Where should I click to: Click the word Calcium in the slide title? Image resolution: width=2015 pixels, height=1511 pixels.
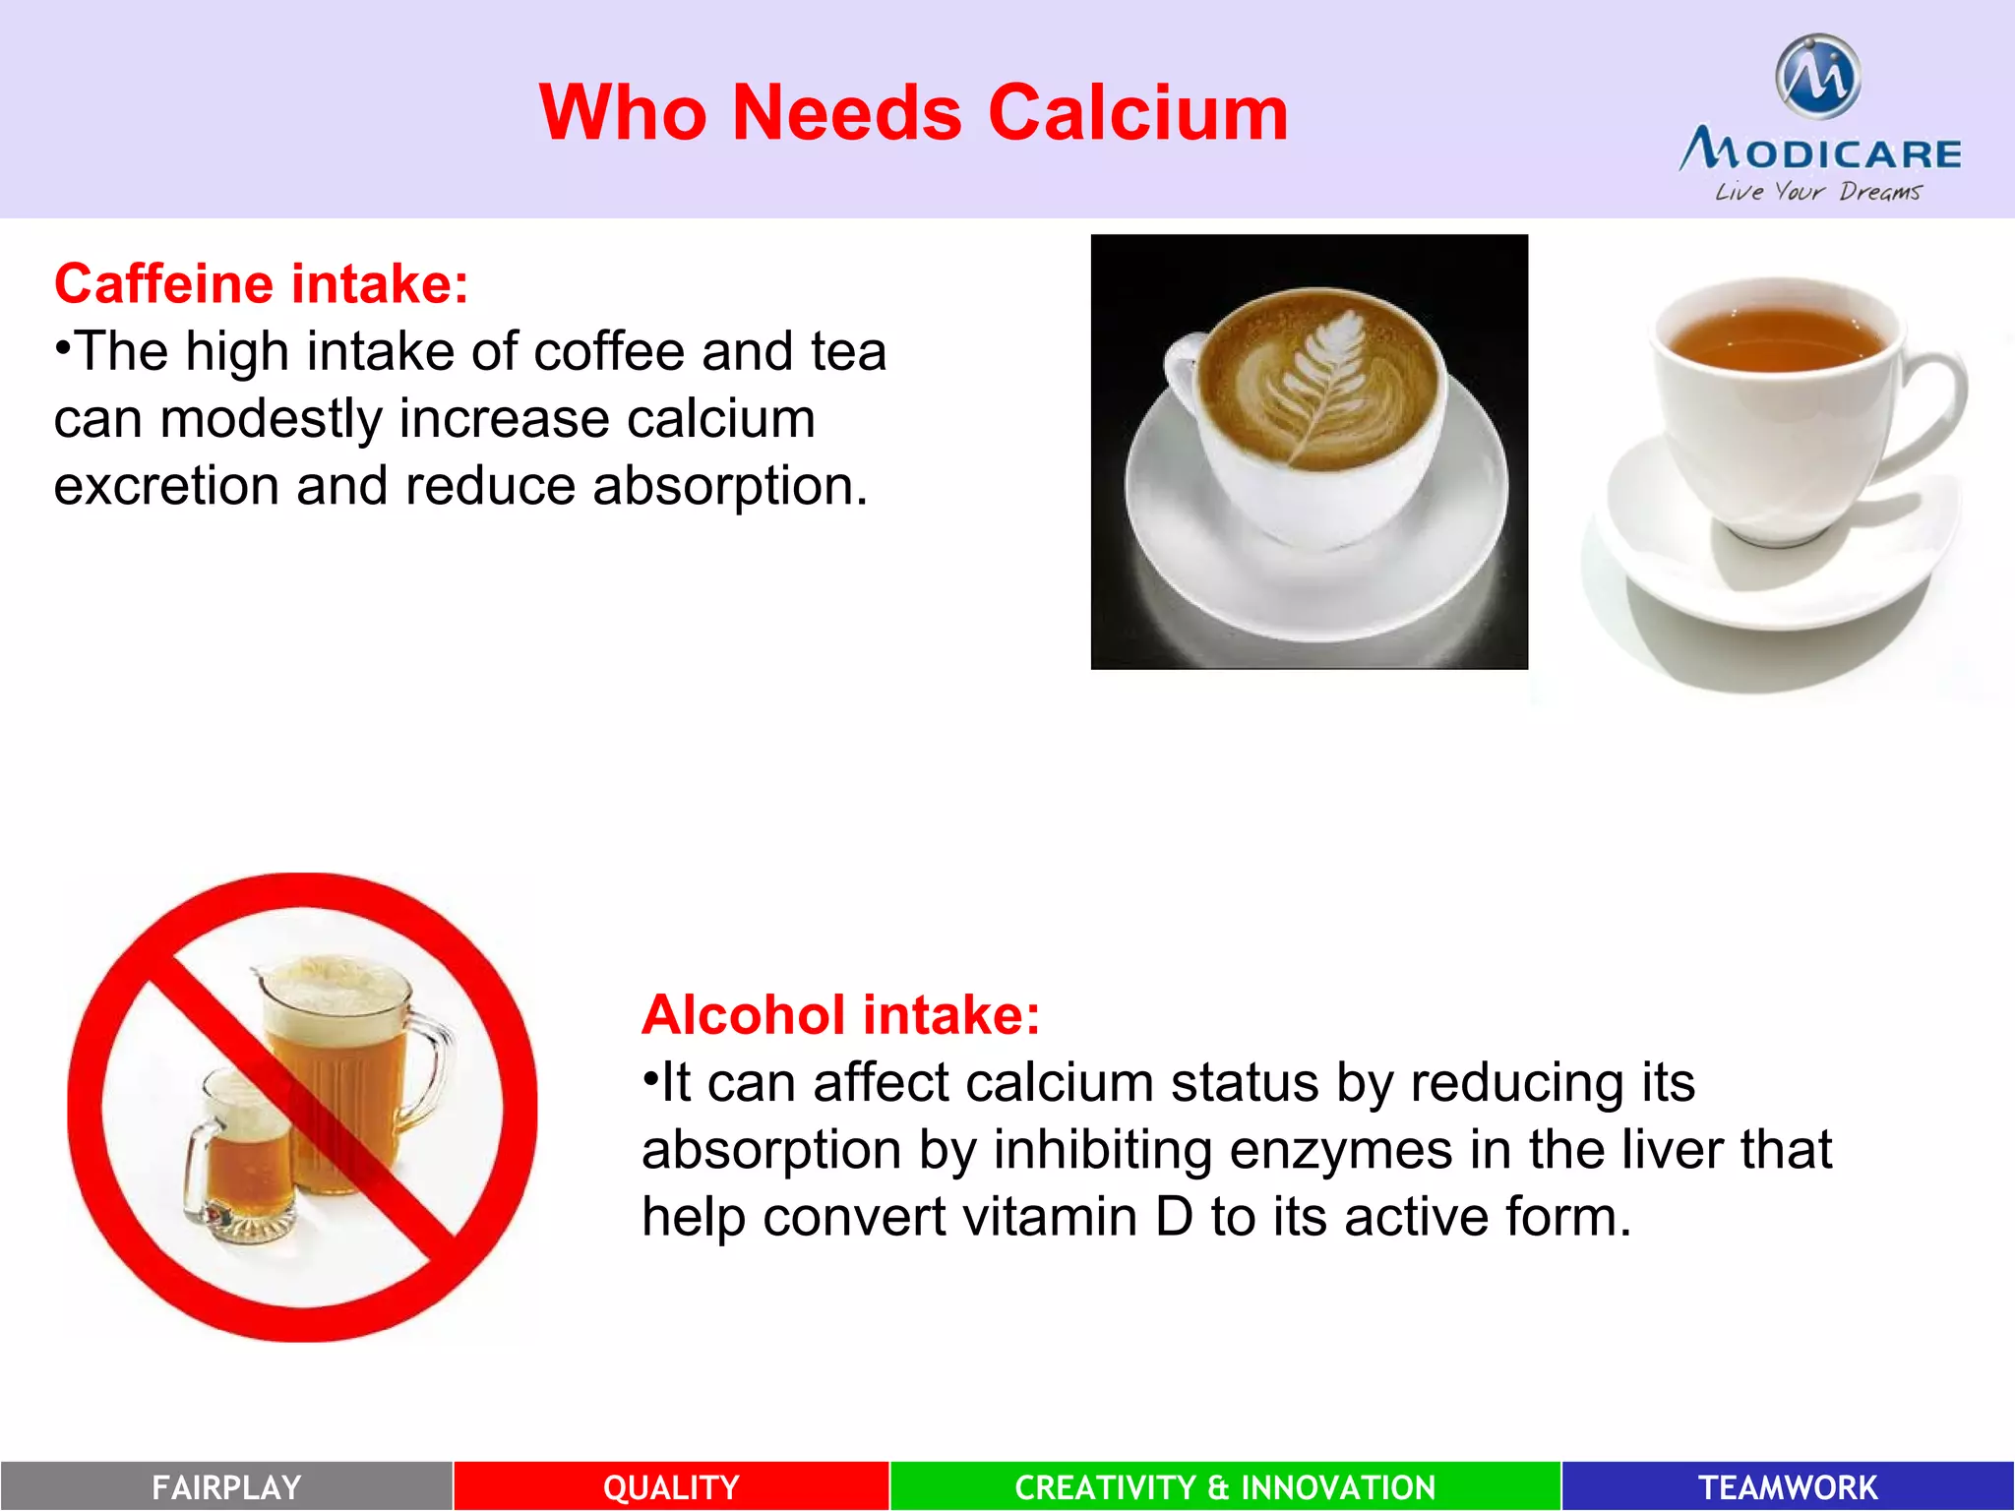point(1137,113)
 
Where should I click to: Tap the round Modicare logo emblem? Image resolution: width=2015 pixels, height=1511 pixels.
point(1817,76)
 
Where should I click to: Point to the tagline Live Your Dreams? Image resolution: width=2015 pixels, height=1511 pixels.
point(1817,192)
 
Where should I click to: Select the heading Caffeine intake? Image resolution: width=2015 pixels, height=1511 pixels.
point(261,284)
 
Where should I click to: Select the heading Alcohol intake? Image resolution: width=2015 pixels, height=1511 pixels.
point(840,1015)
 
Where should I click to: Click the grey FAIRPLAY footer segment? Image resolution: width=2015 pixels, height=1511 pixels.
point(226,1486)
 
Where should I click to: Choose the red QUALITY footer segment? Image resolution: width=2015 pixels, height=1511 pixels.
point(671,1486)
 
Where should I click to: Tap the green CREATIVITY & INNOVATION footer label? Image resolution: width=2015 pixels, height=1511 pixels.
point(1225,1486)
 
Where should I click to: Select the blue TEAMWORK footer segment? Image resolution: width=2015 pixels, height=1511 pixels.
point(1788,1486)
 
